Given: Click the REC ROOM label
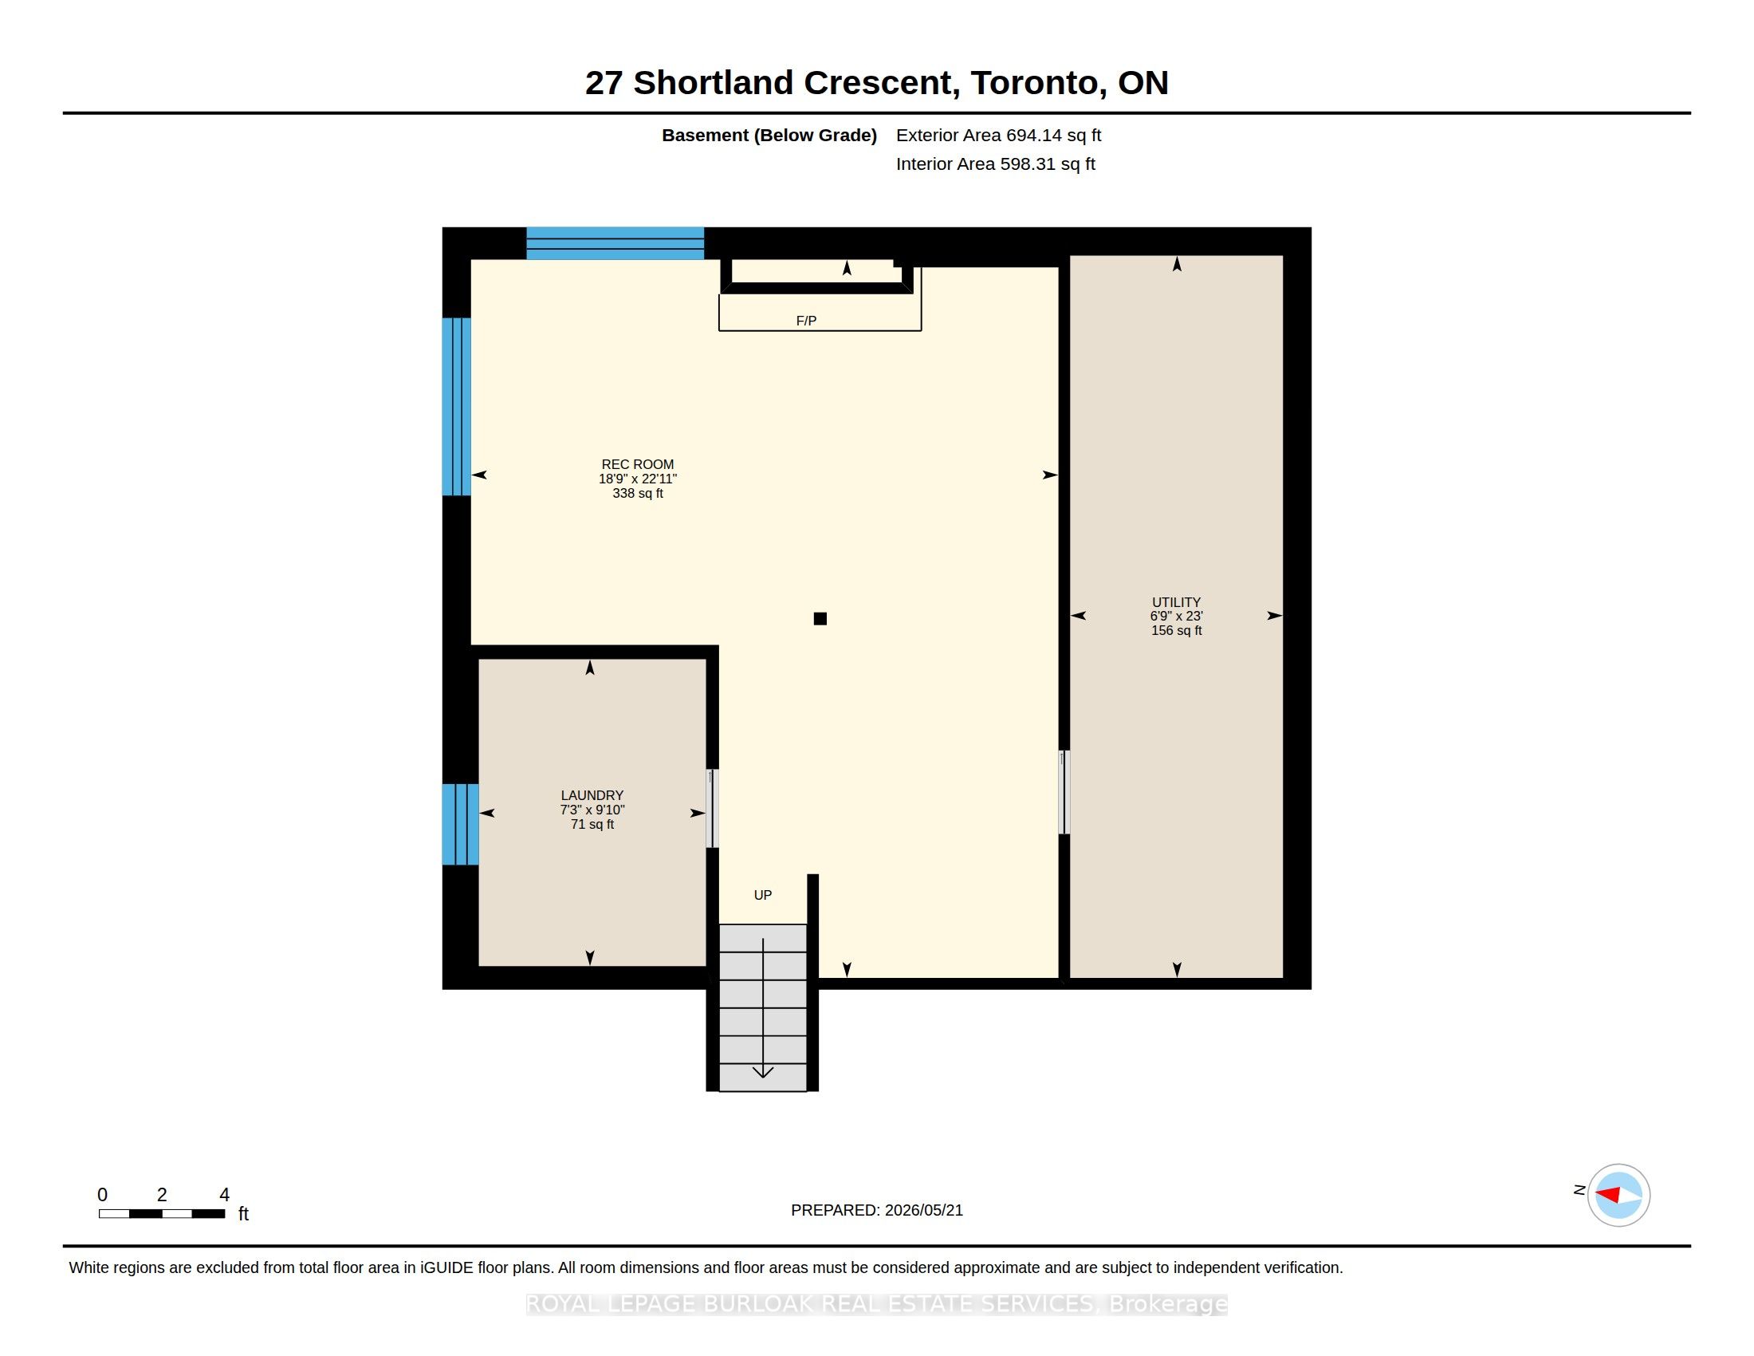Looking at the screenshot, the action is tap(638, 464).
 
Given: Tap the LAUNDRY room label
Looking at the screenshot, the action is tap(592, 795).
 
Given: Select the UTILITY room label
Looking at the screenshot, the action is tap(1176, 601).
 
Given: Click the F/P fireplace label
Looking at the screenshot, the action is tap(806, 321).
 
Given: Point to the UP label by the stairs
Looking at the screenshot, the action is tap(763, 895).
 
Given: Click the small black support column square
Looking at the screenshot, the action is tap(820, 618).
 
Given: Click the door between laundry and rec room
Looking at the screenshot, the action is tap(711, 808).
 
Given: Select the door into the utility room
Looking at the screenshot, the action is tap(1064, 793).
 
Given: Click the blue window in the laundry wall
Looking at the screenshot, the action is tap(460, 824).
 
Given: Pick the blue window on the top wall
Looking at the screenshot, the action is tap(615, 243).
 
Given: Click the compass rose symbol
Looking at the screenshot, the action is tap(1618, 1196).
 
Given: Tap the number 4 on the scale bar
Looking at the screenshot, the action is tap(225, 1195).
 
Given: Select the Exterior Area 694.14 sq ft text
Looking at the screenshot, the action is tap(998, 135).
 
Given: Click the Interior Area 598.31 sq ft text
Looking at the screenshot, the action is tap(995, 164).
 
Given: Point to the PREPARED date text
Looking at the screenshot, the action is tap(877, 1210).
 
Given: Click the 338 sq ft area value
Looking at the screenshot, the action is tap(638, 493).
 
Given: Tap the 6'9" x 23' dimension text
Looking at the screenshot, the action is tap(1176, 616).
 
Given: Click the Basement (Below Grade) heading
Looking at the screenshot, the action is tap(769, 135).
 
